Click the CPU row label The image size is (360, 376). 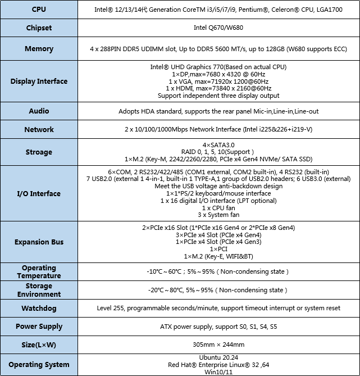(x=39, y=10)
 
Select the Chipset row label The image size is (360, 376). (x=39, y=28)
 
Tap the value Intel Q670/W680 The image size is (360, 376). (x=218, y=28)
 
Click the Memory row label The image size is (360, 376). (x=39, y=49)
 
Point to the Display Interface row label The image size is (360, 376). (x=39, y=81)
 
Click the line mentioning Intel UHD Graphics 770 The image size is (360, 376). (x=218, y=67)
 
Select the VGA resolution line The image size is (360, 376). (x=218, y=81)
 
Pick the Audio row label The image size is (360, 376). (x=39, y=111)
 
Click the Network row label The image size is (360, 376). (x=39, y=130)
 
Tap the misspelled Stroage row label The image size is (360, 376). (x=39, y=152)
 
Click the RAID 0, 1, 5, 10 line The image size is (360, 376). (x=218, y=152)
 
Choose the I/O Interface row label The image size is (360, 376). (x=39, y=194)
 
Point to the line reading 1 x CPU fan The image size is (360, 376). (x=218, y=208)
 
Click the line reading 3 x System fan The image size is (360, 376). (x=218, y=215)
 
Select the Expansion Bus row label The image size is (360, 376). (x=39, y=242)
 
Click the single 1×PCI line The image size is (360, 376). (x=218, y=249)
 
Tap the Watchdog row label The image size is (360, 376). (x=39, y=309)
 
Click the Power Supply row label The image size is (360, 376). (x=39, y=327)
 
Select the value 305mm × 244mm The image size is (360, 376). (x=218, y=345)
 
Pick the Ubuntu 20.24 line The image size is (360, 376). (x=218, y=357)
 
